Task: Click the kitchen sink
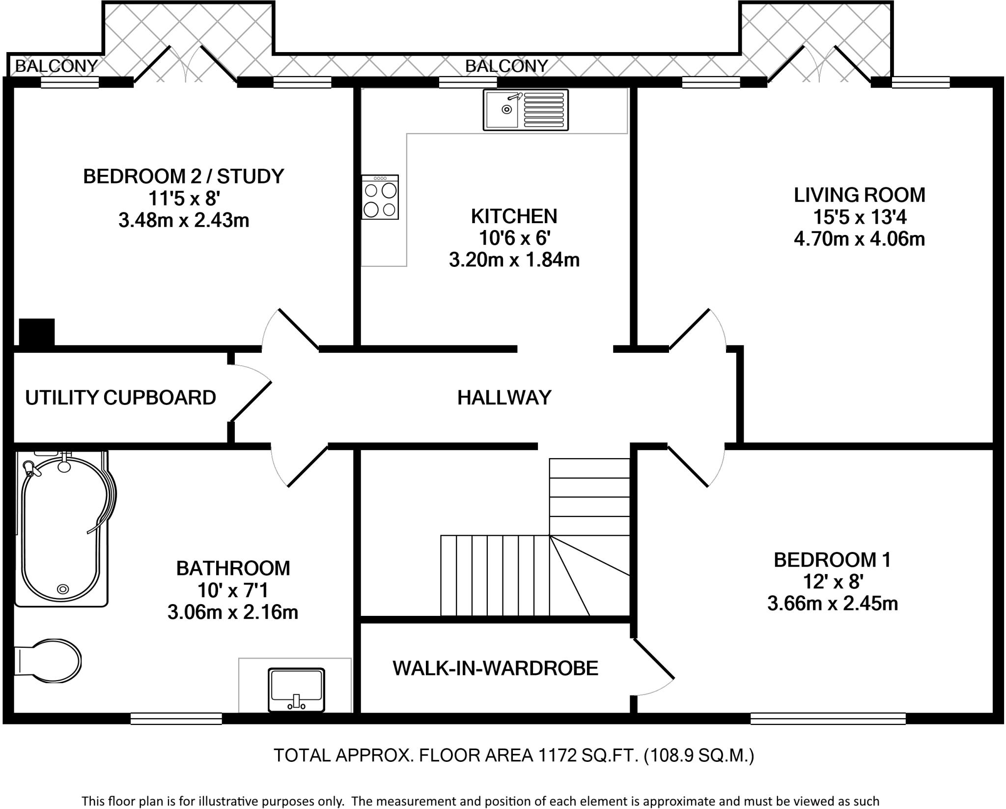pos(526,110)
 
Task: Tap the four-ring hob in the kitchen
pos(380,197)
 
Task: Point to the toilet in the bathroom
pos(47,661)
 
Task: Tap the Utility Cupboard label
pos(120,398)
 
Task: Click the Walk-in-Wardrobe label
pos(495,668)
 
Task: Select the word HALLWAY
pos(504,397)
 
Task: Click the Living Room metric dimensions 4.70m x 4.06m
pos(859,239)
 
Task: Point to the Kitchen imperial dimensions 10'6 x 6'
pos(514,238)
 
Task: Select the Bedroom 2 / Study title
pos(184,176)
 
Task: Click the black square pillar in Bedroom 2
pos(37,332)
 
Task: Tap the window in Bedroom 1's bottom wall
pos(828,719)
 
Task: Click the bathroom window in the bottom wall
pos(176,719)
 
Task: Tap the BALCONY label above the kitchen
pos(506,66)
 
